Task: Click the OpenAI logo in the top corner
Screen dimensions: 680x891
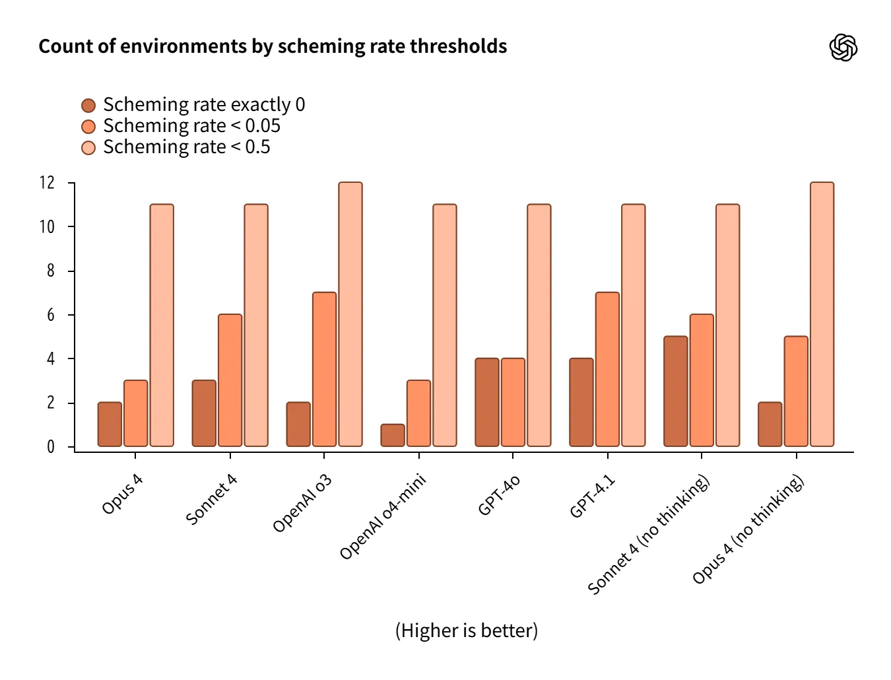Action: [843, 48]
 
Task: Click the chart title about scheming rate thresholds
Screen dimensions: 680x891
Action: [273, 46]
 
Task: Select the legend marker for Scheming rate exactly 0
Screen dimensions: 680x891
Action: [88, 106]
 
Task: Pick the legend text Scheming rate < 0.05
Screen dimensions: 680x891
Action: [191, 126]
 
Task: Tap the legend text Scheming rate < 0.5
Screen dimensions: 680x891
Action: [186, 147]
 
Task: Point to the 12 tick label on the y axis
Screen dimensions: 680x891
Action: [47, 183]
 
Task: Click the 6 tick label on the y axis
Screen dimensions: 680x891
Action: [51, 315]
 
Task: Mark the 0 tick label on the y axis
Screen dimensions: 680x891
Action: [51, 447]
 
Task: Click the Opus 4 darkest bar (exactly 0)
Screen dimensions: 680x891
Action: [110, 425]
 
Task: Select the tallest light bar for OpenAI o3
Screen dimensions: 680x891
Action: [350, 314]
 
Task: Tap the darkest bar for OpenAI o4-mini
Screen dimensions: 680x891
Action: [393, 435]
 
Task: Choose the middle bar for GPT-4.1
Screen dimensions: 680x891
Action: [607, 370]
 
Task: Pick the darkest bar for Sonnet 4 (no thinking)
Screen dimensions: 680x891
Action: [675, 391]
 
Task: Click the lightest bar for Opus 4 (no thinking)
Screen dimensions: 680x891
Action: [822, 314]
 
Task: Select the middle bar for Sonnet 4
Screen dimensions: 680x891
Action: [230, 380]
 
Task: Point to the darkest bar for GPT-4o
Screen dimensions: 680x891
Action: [487, 403]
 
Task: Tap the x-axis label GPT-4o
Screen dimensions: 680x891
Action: [499, 494]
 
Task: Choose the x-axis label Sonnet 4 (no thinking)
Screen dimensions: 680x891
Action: [649, 534]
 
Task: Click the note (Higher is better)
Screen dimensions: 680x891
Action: [467, 630]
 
